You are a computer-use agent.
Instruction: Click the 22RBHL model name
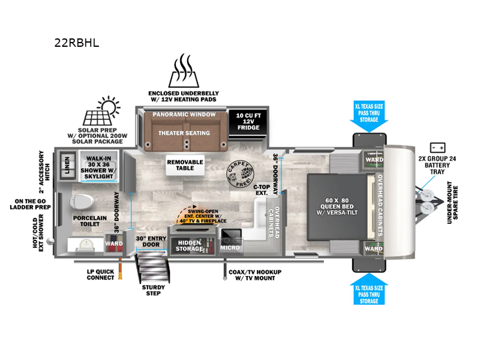[76, 43]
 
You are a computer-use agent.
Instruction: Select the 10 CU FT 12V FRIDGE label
[248, 120]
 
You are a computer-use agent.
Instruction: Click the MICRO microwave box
[230, 239]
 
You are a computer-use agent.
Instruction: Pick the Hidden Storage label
[189, 245]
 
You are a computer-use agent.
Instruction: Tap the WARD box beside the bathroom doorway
[114, 244]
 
